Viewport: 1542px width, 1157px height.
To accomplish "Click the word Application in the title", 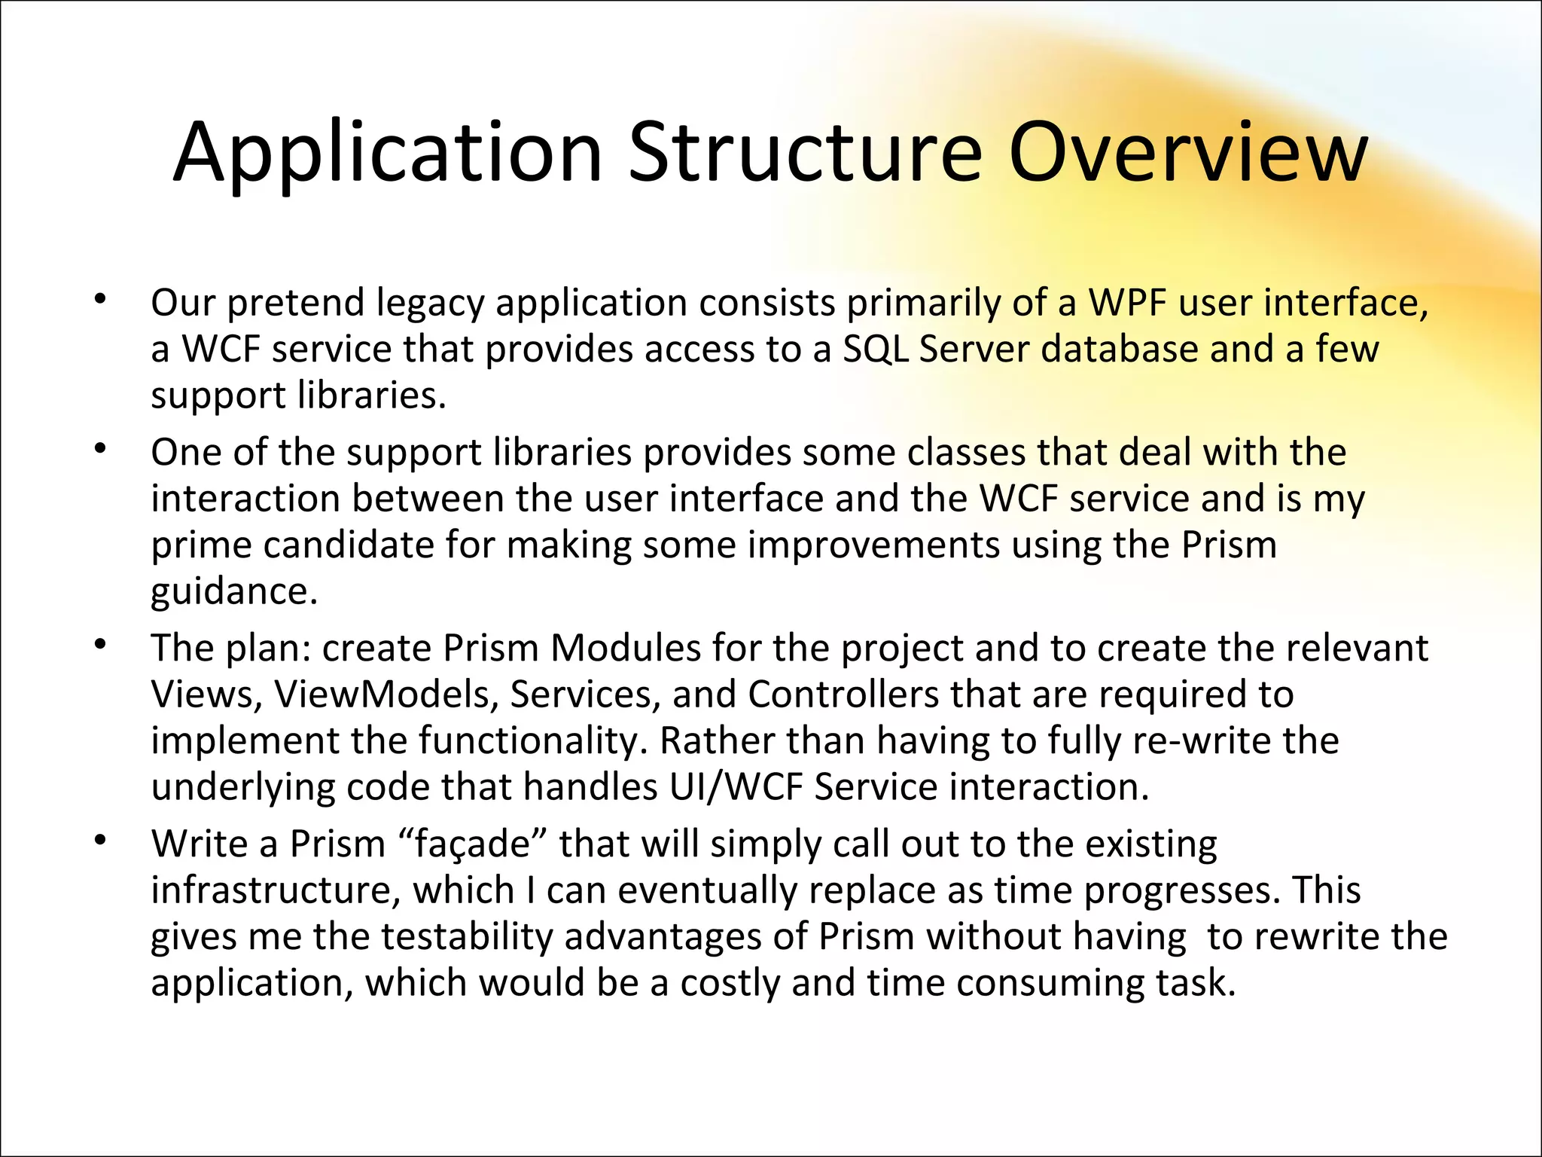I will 387,154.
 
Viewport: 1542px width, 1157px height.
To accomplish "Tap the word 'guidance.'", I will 234,593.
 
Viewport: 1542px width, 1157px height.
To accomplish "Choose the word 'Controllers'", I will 843,695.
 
